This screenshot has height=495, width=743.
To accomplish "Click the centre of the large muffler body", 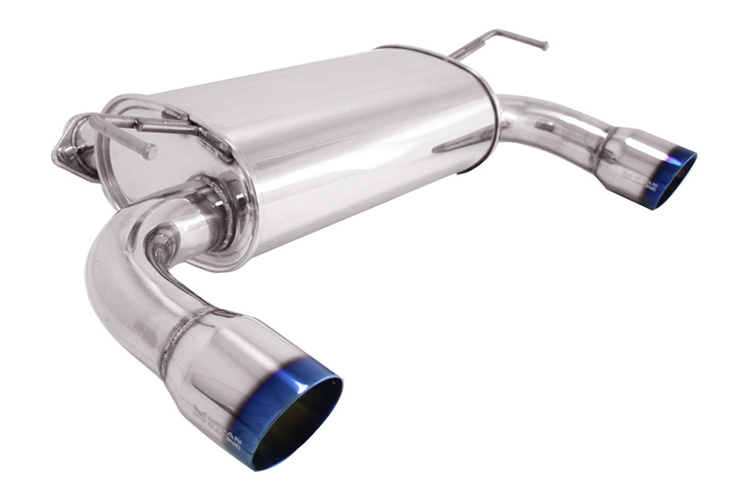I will pos(342,135).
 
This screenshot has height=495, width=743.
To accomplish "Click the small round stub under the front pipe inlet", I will pos(162,241).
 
